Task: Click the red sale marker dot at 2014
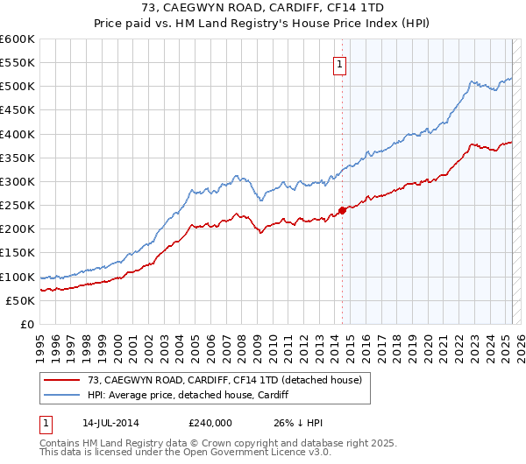point(342,210)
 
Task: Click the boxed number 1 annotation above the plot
point(338,63)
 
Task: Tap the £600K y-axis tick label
point(18,39)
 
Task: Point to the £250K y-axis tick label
point(18,205)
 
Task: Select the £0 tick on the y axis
point(27,324)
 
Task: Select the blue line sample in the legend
point(63,395)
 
